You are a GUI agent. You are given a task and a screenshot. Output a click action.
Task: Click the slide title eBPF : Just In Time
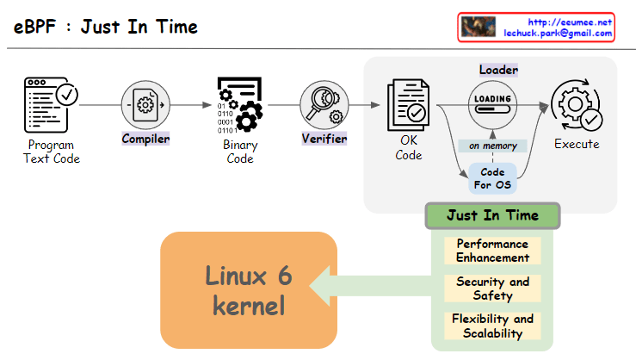tap(106, 27)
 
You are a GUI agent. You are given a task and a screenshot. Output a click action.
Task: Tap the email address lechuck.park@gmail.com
tap(558, 34)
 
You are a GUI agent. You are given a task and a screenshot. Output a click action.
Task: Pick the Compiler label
tap(145, 139)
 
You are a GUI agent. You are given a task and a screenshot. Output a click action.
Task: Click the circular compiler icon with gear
tap(145, 105)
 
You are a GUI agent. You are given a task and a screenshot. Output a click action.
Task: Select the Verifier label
tap(324, 139)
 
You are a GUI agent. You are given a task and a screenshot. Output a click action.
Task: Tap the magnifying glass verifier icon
tap(324, 105)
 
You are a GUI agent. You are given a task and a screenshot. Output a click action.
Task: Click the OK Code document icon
tap(408, 104)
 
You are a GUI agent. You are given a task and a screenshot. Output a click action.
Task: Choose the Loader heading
tap(498, 70)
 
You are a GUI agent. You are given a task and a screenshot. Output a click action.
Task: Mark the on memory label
tap(493, 146)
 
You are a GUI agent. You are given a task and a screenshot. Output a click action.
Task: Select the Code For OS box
tap(492, 178)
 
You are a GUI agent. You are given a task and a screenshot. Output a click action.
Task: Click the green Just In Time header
tap(492, 216)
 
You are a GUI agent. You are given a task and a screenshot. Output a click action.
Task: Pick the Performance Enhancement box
tap(492, 251)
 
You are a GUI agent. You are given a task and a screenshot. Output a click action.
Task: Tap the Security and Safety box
tap(492, 289)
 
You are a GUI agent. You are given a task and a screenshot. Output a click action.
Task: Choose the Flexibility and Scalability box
tap(492, 326)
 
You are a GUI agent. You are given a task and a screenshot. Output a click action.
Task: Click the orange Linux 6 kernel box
tap(248, 289)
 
